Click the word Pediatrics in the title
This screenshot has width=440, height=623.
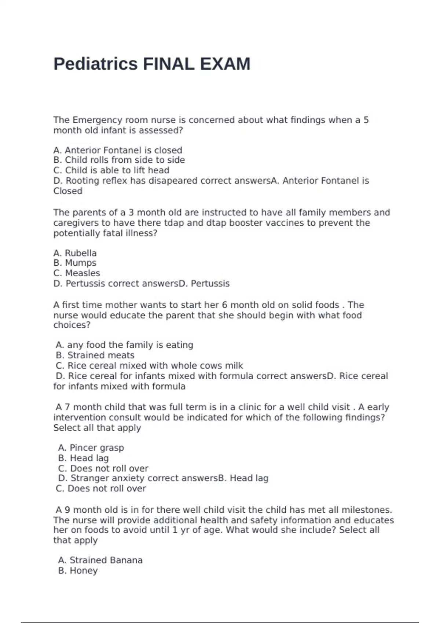(x=95, y=64)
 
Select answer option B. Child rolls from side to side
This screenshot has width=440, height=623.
(x=119, y=160)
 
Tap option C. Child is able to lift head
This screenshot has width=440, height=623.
(x=111, y=170)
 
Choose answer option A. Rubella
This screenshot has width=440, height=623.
(x=75, y=253)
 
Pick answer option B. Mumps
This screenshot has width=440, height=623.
(x=75, y=263)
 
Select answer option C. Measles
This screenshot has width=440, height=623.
(x=77, y=273)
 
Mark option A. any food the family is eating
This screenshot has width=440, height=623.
(x=125, y=345)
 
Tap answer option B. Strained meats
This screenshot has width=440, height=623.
(x=95, y=355)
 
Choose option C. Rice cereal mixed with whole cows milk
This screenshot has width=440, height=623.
(x=149, y=366)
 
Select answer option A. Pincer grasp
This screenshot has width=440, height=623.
(x=91, y=448)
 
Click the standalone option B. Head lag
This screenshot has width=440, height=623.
(x=84, y=458)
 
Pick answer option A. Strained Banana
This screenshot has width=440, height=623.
(x=100, y=560)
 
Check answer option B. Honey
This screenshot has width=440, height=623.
(x=78, y=571)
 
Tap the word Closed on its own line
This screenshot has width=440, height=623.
(x=68, y=191)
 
